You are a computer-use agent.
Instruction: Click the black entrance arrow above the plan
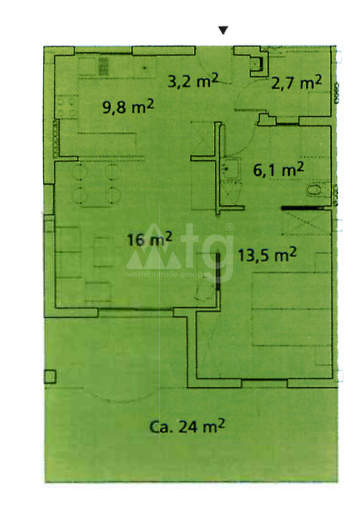click(x=223, y=31)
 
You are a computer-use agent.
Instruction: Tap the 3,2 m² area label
click(x=193, y=81)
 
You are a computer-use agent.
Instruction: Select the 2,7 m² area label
click(x=296, y=83)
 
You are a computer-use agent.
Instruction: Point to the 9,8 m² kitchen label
click(x=128, y=107)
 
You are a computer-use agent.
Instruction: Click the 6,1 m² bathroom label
click(x=278, y=169)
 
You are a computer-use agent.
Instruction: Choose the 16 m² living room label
click(x=149, y=239)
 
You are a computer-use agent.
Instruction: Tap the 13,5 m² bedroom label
click(x=268, y=255)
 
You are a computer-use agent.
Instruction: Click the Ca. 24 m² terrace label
click(x=187, y=426)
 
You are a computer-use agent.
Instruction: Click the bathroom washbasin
click(x=231, y=168)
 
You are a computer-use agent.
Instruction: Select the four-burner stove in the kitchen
click(x=67, y=106)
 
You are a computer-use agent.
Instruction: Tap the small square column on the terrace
click(x=50, y=376)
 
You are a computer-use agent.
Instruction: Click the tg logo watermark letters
click(x=207, y=249)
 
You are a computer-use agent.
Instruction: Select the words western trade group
click(x=165, y=275)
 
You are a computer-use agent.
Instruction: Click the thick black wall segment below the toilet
click(x=302, y=208)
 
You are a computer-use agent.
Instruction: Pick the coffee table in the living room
click(x=103, y=252)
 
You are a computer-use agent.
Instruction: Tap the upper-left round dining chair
click(x=79, y=172)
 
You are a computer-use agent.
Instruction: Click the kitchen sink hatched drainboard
click(x=103, y=66)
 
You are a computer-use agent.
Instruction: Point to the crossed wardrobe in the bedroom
click(x=306, y=222)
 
